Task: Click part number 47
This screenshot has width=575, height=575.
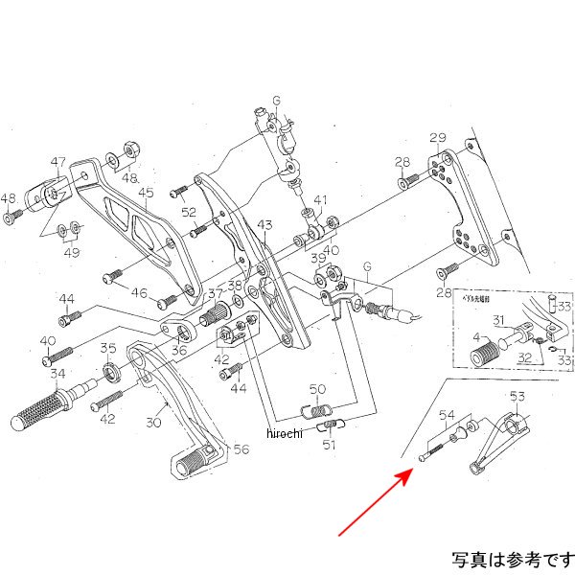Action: tap(58, 162)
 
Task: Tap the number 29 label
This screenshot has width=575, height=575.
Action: tap(438, 138)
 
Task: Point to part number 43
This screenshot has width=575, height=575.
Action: tap(265, 224)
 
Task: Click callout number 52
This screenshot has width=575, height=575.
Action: tap(189, 212)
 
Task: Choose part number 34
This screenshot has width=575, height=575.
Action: tap(57, 373)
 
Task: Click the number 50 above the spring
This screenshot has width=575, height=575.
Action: tap(318, 388)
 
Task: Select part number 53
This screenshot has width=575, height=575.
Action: tap(517, 396)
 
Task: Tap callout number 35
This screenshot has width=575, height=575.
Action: tap(108, 349)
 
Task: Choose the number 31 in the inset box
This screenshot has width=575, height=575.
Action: tap(498, 319)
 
